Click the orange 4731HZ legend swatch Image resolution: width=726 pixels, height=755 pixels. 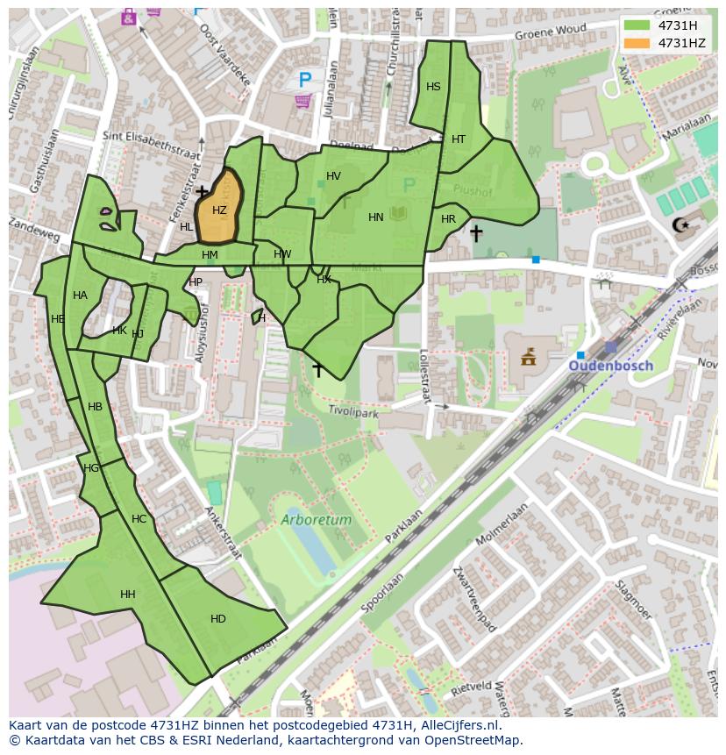pos(637,43)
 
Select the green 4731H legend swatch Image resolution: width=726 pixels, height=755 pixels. pos(637,25)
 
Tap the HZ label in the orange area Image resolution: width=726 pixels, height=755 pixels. pos(219,210)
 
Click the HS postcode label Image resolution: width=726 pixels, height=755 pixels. pos(433,87)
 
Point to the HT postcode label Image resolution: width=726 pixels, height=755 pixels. pos(459,139)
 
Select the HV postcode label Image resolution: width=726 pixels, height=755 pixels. pos(333,176)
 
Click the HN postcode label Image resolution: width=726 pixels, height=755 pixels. pos(376,217)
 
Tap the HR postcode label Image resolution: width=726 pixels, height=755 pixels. pos(448,219)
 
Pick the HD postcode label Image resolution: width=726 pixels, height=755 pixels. pos(217,619)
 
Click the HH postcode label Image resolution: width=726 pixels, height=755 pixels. pos(128,595)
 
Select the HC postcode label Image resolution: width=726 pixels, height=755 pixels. pos(139,519)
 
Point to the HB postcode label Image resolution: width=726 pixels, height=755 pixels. pos(96,407)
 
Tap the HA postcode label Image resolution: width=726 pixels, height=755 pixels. pos(80,296)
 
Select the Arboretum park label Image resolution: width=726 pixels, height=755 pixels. pos(317,520)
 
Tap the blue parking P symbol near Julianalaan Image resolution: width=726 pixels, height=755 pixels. pos(304,80)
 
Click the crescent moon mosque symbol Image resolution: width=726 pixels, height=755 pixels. pos(680,225)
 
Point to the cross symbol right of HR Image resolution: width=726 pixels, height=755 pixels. pos(475,233)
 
